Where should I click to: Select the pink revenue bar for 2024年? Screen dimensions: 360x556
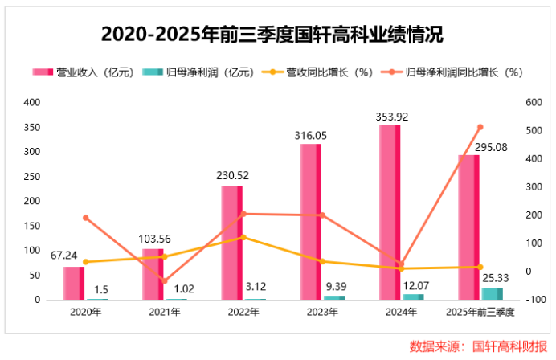[x=390, y=212]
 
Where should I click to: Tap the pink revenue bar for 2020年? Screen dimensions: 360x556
[x=74, y=283]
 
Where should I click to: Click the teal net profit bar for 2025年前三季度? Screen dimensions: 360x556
[x=492, y=293]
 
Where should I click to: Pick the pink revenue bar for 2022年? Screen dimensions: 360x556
[x=231, y=243]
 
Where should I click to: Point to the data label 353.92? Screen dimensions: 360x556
[x=391, y=117]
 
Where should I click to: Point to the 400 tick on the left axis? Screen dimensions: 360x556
[x=31, y=102]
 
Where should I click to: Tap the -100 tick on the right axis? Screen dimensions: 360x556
[x=533, y=300]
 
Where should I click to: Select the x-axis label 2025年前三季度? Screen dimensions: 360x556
[x=479, y=310]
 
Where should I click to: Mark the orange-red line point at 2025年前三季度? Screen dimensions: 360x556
[x=480, y=127]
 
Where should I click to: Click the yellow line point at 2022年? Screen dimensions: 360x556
[x=243, y=237]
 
